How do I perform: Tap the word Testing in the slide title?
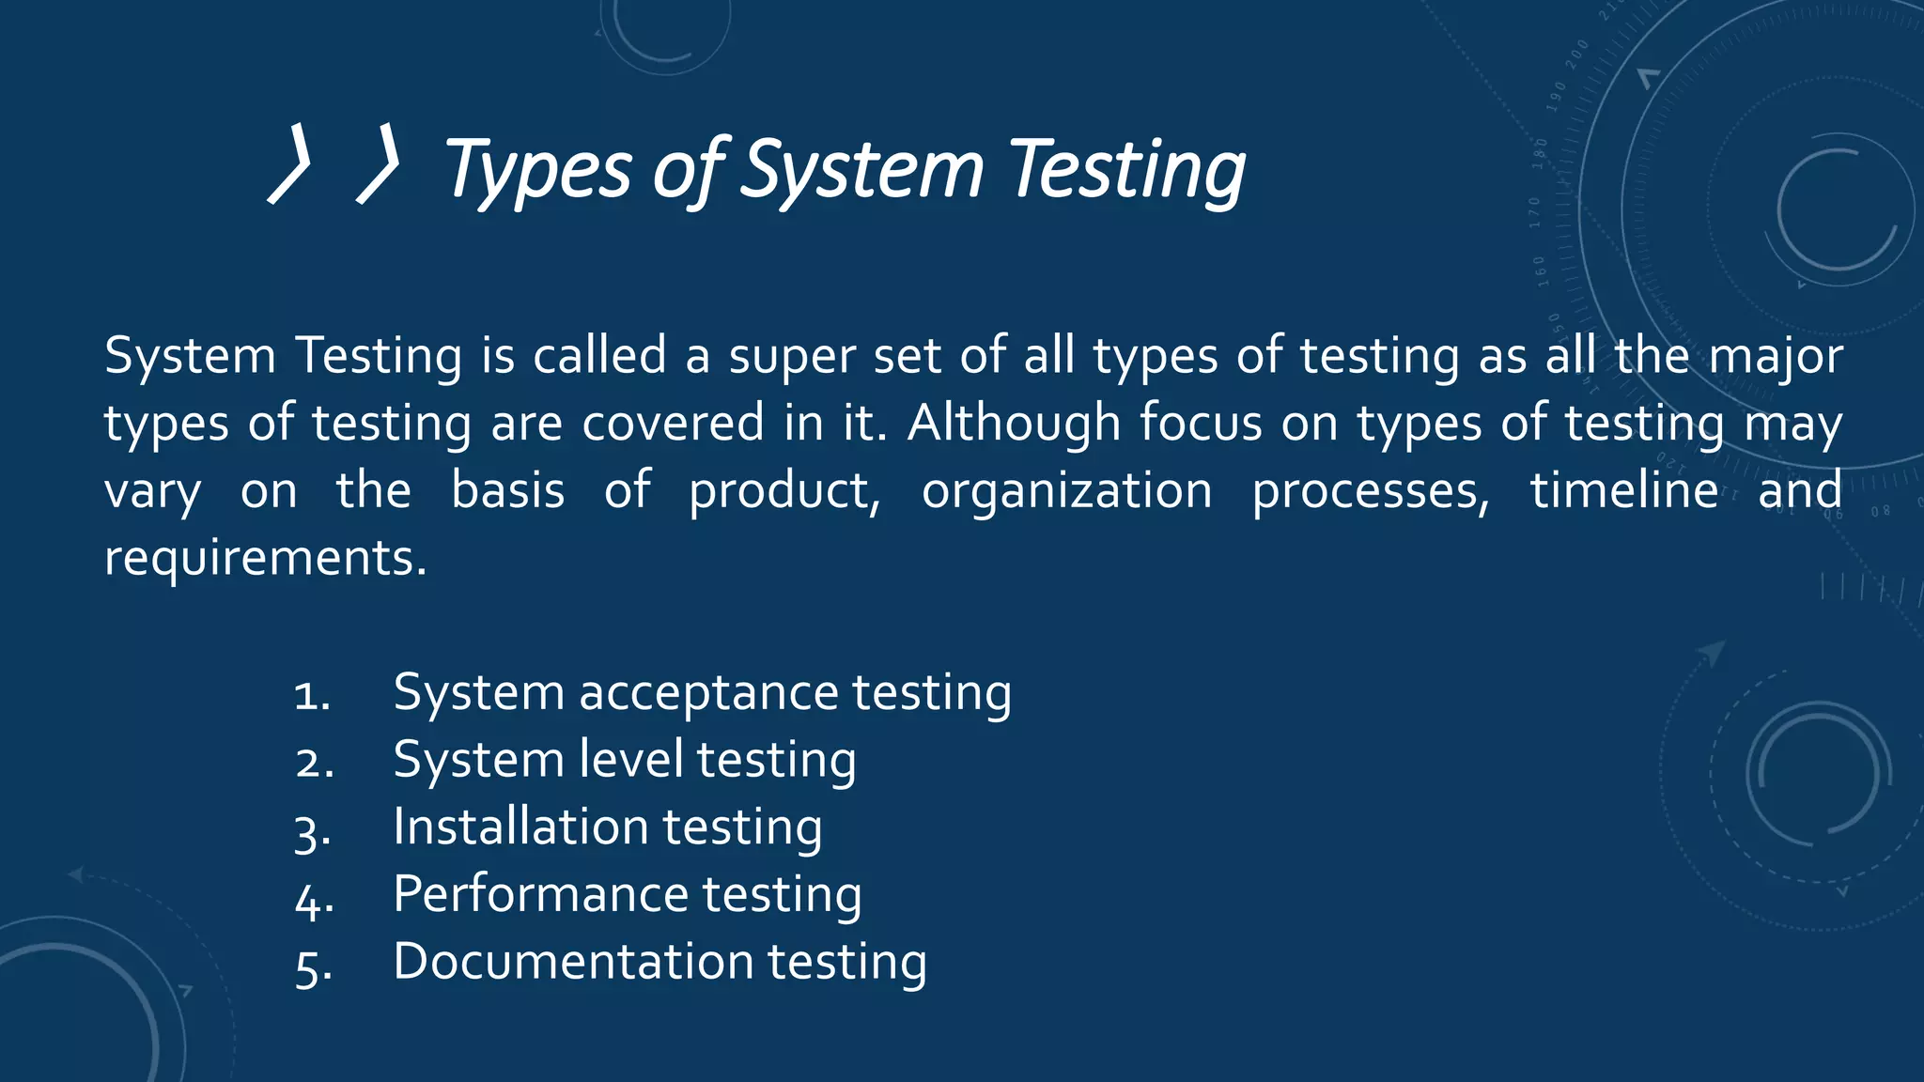(x=1127, y=170)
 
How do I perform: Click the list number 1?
(x=311, y=696)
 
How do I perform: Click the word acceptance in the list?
(x=708, y=693)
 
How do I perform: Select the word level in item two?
(x=630, y=759)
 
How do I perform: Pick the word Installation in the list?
(x=520, y=827)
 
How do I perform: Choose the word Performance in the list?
(x=540, y=893)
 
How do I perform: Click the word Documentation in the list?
(x=573, y=961)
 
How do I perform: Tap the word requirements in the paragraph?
(x=265, y=558)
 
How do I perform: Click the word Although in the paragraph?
(x=1014, y=423)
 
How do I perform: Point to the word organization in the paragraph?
(x=1066, y=490)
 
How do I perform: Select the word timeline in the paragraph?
(x=1624, y=490)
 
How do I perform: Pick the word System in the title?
(x=861, y=170)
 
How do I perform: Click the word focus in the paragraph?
(x=1201, y=423)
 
